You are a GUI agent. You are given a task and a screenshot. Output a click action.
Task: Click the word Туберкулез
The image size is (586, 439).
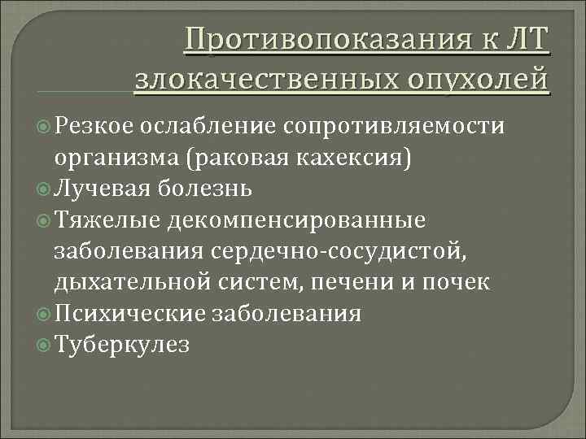122,344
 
